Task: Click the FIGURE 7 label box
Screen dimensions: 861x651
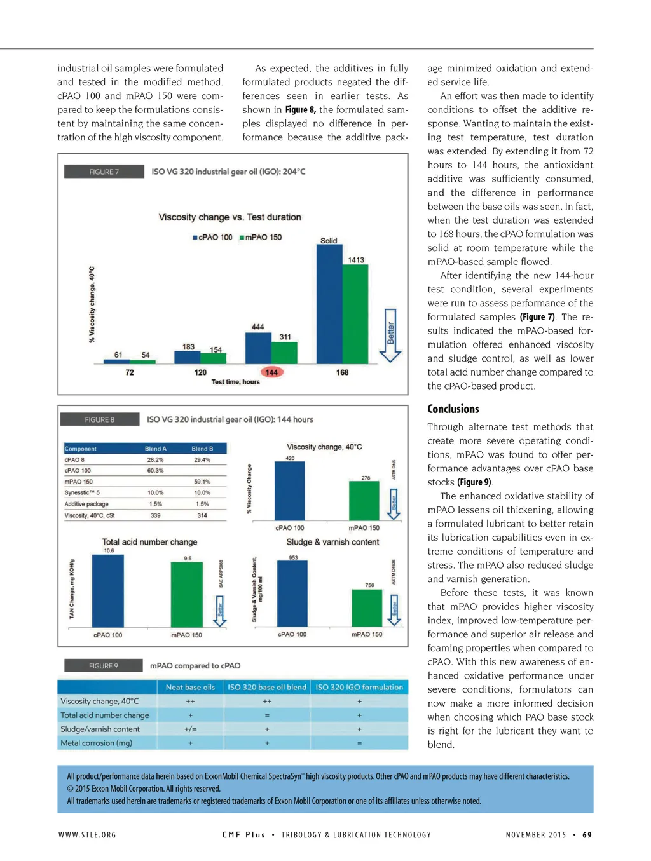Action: coord(104,172)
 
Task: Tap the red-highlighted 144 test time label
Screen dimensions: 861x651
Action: coord(271,372)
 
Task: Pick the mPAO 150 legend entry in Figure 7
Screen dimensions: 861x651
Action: coord(260,237)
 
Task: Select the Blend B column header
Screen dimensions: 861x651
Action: coord(202,449)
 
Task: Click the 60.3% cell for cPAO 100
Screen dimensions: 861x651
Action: coord(155,471)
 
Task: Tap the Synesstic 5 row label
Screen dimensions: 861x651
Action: coord(82,493)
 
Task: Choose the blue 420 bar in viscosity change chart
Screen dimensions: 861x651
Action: coord(289,491)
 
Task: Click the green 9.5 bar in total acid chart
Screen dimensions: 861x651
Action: coord(187,594)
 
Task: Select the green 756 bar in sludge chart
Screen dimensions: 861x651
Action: coord(367,607)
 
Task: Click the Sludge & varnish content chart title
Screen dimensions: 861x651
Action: coord(332,542)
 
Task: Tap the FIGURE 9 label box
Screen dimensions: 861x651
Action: coord(103,666)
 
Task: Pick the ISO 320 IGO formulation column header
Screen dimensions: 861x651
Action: coord(359,687)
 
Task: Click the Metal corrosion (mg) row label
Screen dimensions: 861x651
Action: coord(97,743)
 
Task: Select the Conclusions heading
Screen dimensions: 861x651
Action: coord(453,409)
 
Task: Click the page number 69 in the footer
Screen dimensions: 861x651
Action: coord(587,835)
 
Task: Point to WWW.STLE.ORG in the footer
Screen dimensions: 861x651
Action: coord(87,835)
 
